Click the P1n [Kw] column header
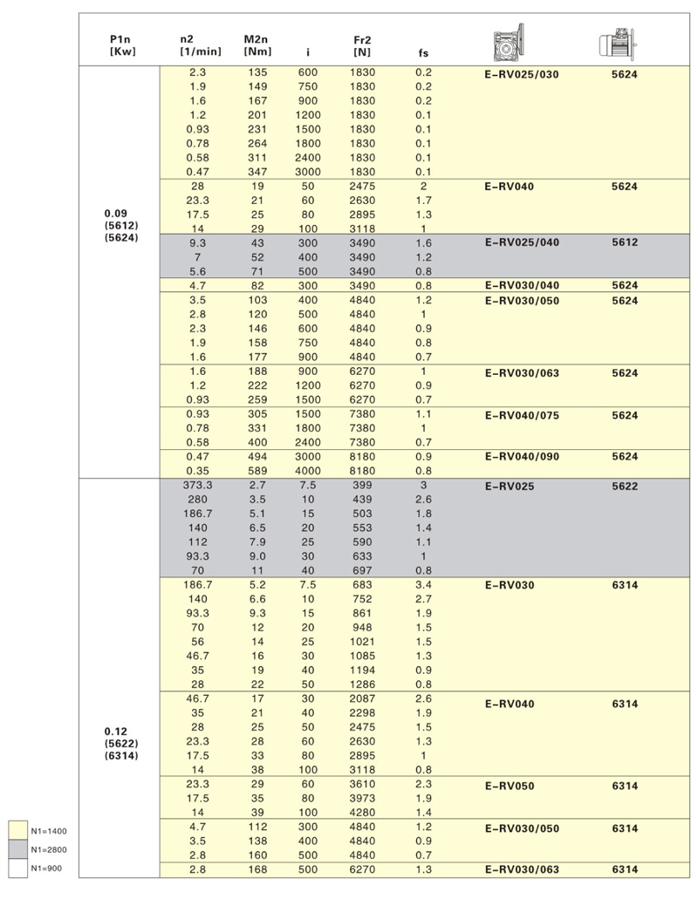pos(120,45)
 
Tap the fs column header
pos(423,52)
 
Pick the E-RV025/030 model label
pos(521,75)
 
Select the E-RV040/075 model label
pos(521,416)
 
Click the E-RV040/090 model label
pos(521,457)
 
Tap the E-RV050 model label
pos(510,787)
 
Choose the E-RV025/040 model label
pos(521,242)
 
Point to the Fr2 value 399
pos(361,485)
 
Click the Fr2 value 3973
pos(361,797)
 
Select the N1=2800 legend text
pos(49,849)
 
